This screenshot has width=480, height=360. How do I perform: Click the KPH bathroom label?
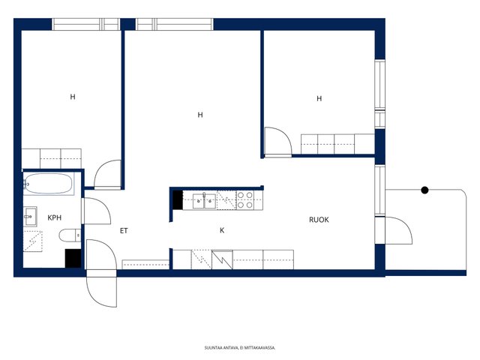coord(55,217)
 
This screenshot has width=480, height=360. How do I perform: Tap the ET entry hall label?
coord(124,231)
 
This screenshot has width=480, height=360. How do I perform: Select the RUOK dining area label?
coord(319,220)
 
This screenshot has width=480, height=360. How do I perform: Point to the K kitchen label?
coord(222,230)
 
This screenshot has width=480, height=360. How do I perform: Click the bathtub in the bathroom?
coord(49,184)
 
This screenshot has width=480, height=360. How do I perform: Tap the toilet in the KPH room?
coord(70,235)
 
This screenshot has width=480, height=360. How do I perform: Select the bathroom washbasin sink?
coord(30,217)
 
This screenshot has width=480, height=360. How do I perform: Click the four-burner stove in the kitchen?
coord(245,200)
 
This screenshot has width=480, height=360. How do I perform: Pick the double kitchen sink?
coord(204,201)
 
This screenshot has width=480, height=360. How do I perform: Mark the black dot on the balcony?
coord(424,190)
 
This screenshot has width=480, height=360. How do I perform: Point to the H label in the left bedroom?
coord(73,97)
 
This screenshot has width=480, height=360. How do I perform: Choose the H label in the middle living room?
coord(200,115)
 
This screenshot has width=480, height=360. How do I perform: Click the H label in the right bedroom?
coord(319,98)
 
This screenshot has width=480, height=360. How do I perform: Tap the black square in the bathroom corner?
coord(73,258)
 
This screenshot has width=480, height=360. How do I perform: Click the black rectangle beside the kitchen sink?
coord(178,200)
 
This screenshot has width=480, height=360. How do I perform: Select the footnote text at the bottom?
coord(240,348)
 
